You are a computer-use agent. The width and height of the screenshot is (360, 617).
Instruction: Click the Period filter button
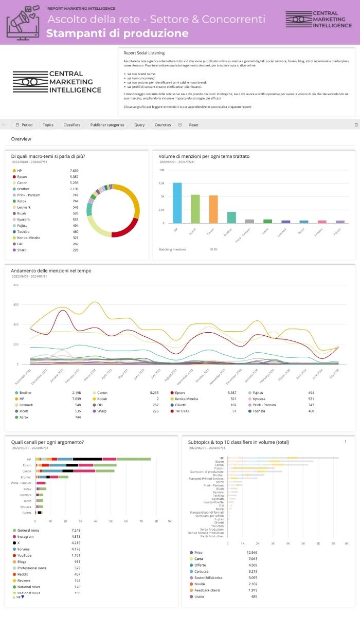(x=24, y=125)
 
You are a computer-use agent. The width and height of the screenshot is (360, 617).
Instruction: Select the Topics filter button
(x=48, y=125)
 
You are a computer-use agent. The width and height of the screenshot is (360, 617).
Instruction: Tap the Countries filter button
(x=163, y=125)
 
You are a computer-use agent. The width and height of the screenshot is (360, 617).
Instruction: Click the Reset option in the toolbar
(x=193, y=125)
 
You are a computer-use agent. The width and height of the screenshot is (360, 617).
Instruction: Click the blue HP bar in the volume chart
(x=177, y=203)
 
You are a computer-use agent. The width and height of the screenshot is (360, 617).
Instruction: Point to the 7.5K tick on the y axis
(x=161, y=183)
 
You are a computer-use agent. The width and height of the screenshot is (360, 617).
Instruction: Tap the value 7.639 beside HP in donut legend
(x=74, y=171)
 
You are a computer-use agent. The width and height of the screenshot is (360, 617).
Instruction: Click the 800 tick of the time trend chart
(x=15, y=285)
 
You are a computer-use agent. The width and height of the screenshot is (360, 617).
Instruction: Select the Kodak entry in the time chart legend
(x=102, y=398)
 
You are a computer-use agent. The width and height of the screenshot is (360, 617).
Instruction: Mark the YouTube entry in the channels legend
(x=24, y=555)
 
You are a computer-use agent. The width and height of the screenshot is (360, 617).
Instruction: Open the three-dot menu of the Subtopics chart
(x=345, y=442)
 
